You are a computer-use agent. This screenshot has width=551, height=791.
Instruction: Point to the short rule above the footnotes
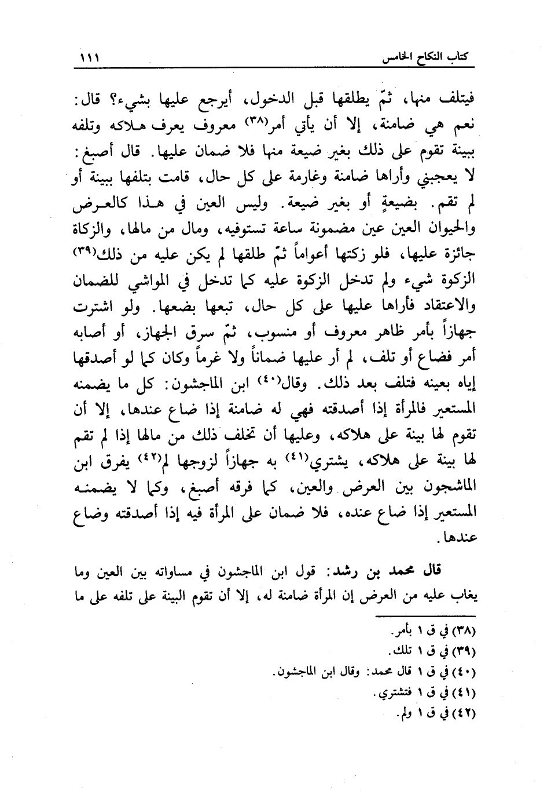[425, 614]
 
